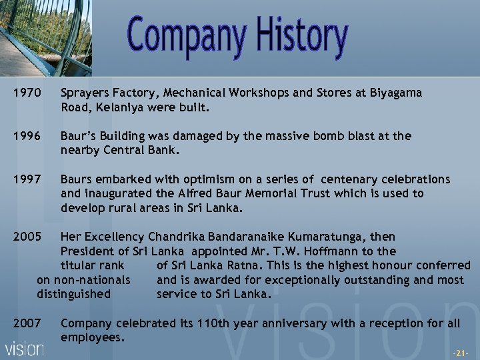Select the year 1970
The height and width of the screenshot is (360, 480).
point(27,93)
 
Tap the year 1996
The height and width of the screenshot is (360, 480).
point(27,136)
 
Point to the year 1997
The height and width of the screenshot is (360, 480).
point(27,179)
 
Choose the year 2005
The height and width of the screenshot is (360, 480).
point(27,237)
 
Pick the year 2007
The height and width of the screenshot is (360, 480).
point(27,323)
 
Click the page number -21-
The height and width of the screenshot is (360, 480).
point(461,352)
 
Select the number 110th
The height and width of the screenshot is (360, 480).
point(212,323)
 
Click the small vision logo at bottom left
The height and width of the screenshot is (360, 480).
point(25,349)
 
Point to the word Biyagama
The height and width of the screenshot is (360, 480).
point(394,93)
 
